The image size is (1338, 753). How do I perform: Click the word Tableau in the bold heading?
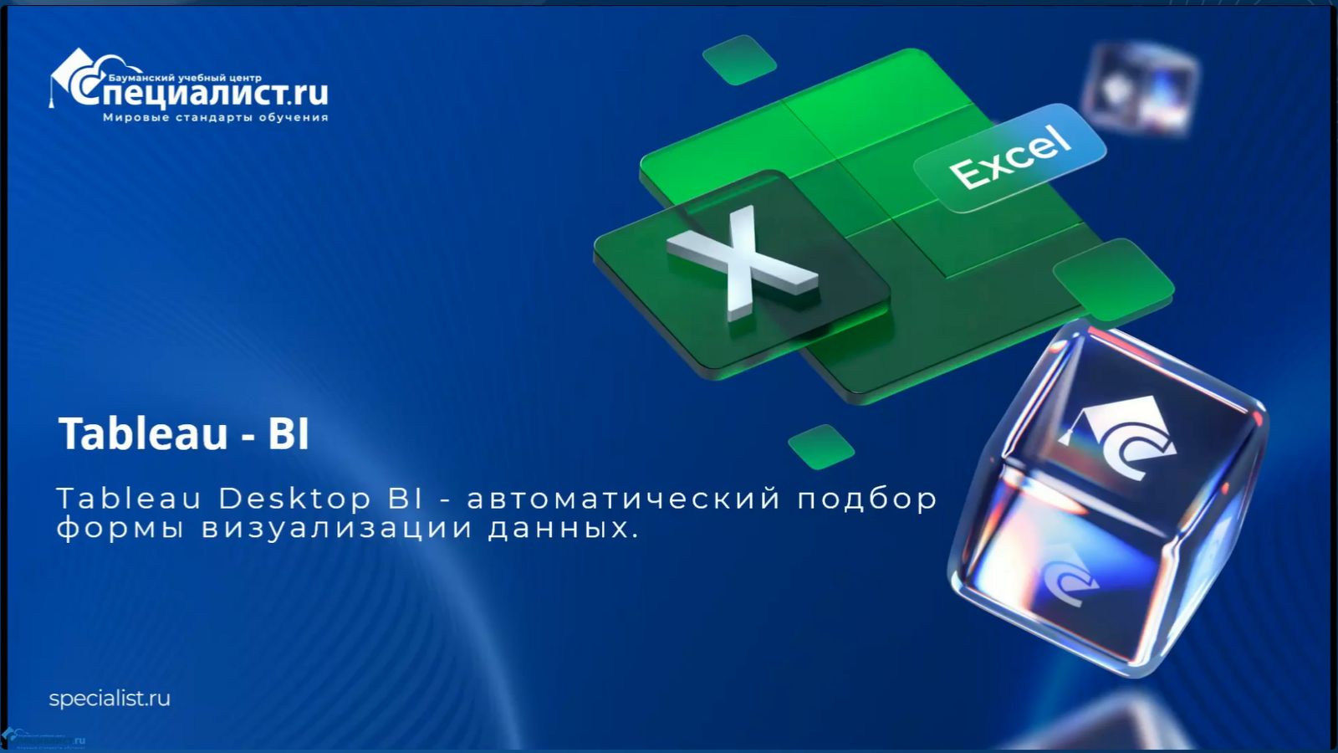tap(143, 433)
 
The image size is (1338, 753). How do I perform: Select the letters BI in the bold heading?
tap(289, 433)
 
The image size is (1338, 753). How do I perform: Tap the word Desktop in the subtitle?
tap(294, 499)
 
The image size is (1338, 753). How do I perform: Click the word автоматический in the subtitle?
tap(623, 499)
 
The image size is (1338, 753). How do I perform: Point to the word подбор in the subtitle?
tap(867, 499)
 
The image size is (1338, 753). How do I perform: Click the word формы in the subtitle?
tap(120, 529)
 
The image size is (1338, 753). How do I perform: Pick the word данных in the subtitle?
tap(558, 529)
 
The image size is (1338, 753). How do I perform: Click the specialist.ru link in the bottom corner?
tap(110, 699)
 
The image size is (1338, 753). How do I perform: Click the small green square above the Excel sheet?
tap(739, 59)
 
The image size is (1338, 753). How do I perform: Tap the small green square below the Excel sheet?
tap(820, 446)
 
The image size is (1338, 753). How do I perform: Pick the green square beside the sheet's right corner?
tap(1113, 279)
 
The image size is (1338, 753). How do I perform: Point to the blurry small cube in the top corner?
tap(1141, 87)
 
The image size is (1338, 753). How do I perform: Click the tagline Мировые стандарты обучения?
tap(215, 118)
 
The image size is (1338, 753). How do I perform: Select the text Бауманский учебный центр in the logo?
tap(185, 77)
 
